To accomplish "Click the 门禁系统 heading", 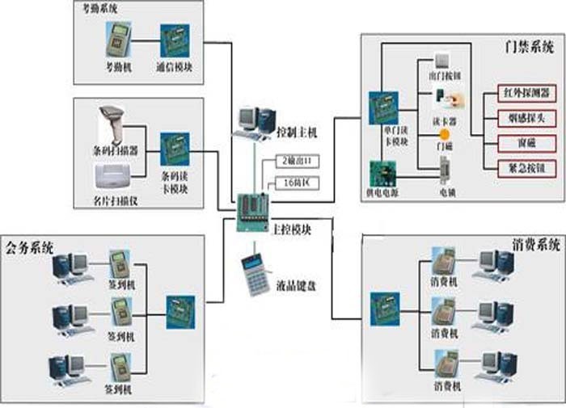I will point(526,48).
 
